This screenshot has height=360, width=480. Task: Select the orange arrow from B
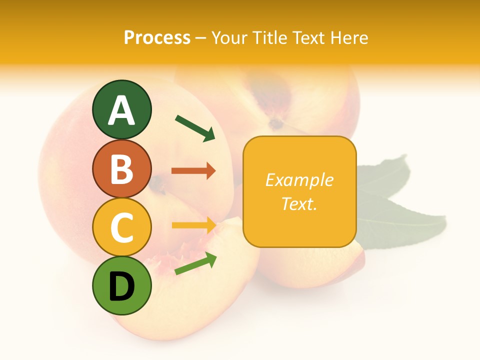pos(193,171)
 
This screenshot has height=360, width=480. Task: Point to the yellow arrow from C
pos(193,225)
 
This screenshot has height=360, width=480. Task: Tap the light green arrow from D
pos(195,263)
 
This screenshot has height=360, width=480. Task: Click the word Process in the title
pos(157,38)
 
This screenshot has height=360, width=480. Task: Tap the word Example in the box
pos(299,180)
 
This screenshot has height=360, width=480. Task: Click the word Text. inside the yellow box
pos(299,203)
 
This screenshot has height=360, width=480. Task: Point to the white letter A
pos(121,110)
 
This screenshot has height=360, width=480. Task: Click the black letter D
pos(121,286)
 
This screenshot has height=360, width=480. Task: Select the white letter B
pos(121,169)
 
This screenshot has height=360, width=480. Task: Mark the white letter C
pos(121,227)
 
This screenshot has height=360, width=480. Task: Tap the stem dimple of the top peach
pos(275,122)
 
